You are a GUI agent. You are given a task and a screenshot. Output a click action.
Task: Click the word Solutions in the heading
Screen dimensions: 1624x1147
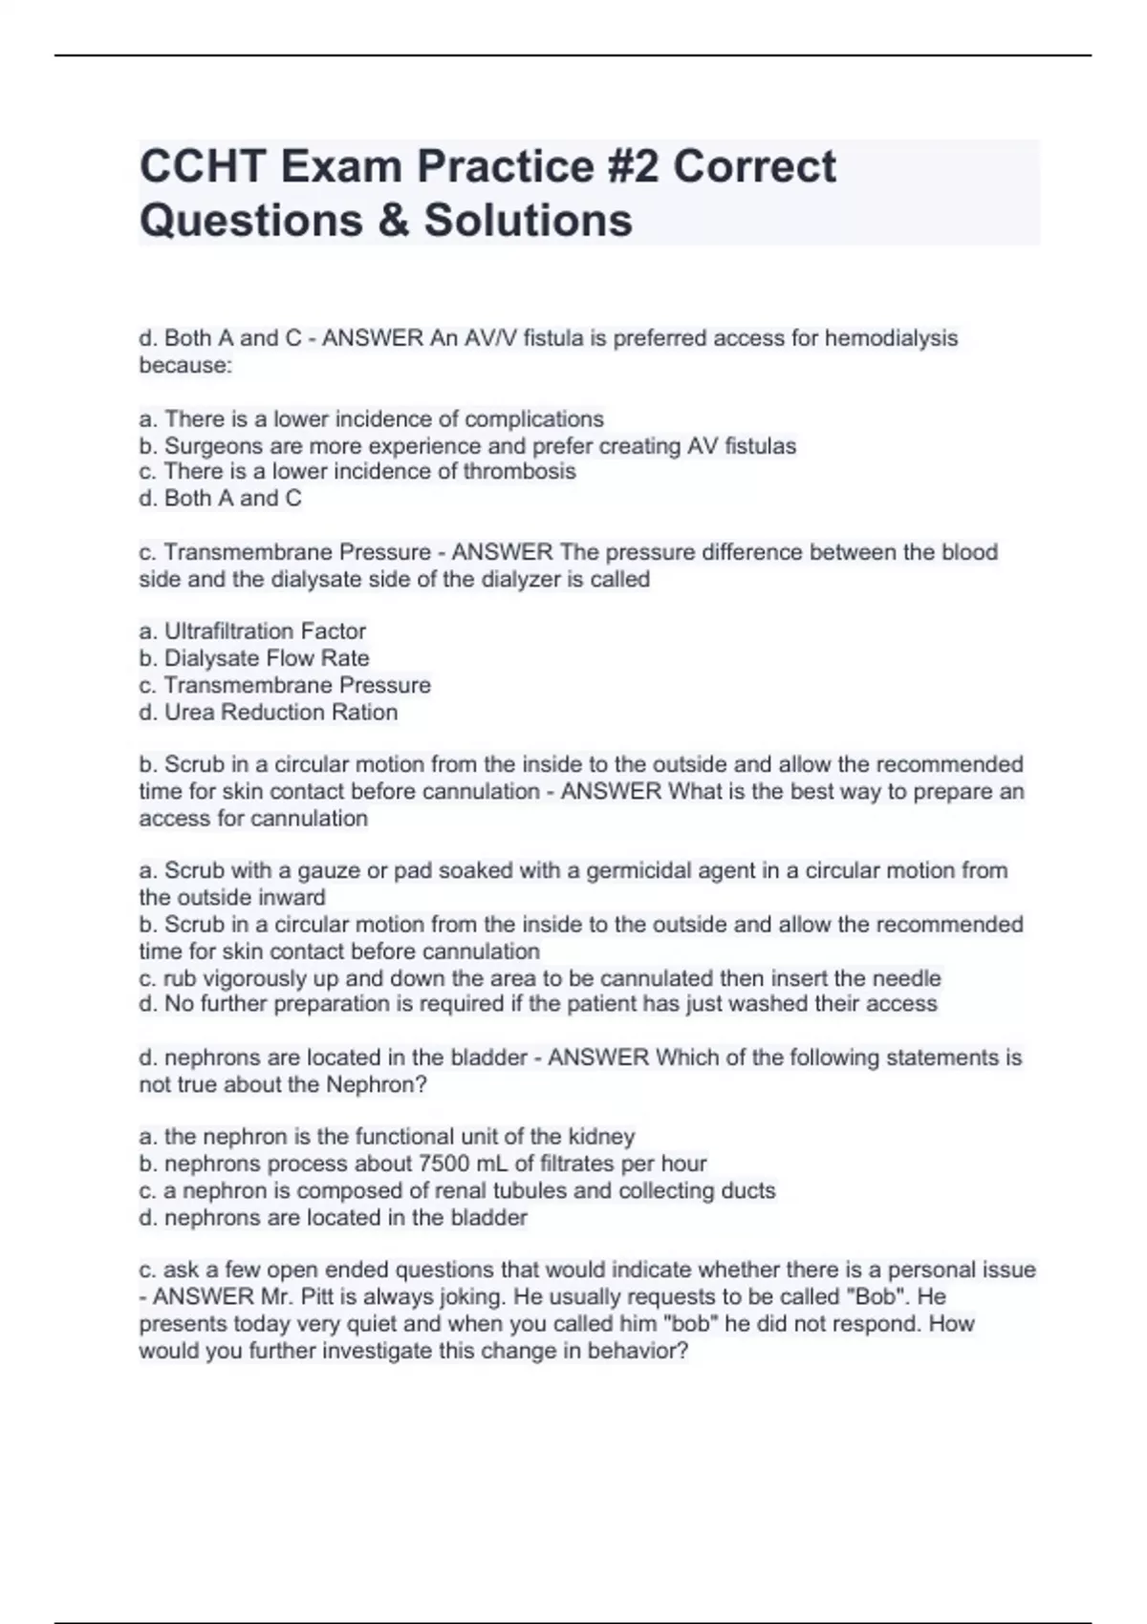[x=528, y=220]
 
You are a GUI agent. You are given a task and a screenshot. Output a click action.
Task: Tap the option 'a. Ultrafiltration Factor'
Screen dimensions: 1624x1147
[x=252, y=631]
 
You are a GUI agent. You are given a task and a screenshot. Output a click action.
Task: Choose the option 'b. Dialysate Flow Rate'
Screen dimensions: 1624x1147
[x=254, y=658]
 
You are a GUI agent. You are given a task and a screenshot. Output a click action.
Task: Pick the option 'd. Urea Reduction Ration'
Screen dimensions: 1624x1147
[x=268, y=712]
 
